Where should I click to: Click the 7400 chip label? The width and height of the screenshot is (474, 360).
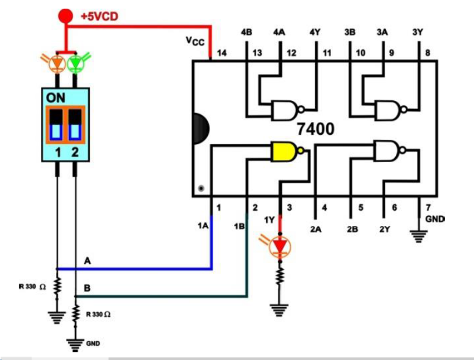[316, 129]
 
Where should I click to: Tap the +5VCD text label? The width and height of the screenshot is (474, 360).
[99, 16]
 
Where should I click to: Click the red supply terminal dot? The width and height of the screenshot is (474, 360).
[67, 16]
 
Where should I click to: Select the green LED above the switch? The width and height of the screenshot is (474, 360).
[76, 63]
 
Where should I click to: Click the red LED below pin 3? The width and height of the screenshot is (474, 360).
[281, 246]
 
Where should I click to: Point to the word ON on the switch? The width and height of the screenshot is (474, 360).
[57, 97]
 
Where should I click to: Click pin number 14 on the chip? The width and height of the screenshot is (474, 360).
[222, 53]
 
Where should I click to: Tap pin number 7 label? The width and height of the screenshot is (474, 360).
[428, 207]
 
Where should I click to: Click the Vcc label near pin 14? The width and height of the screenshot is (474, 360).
[195, 40]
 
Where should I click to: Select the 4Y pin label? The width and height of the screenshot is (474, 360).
[315, 33]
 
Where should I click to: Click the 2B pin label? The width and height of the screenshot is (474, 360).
[351, 229]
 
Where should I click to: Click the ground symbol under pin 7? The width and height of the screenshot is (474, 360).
[418, 236]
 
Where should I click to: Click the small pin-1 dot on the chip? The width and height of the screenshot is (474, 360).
[201, 188]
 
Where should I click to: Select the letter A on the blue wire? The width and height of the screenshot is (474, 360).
[88, 261]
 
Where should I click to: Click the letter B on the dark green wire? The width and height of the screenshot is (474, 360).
[87, 288]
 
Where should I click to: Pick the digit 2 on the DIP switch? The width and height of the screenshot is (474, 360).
[75, 153]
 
